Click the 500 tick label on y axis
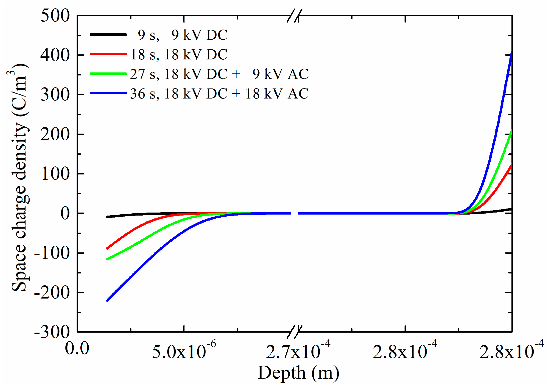[55, 16]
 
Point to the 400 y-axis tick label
[55, 55]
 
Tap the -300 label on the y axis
[52, 332]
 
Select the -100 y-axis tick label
[52, 253]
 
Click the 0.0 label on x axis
[77, 348]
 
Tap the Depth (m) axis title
[298, 373]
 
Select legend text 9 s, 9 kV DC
[183, 35]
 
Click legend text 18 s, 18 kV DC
[179, 54]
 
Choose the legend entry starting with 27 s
[219, 74]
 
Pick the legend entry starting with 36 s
[219, 93]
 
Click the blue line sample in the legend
[108, 93]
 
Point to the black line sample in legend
[108, 35]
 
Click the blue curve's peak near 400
[511, 52]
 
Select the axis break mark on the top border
[294, 16]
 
